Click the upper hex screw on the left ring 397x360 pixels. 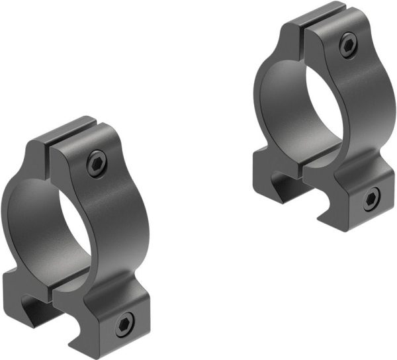[x=97, y=163]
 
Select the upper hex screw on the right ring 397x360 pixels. [x=347, y=45]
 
